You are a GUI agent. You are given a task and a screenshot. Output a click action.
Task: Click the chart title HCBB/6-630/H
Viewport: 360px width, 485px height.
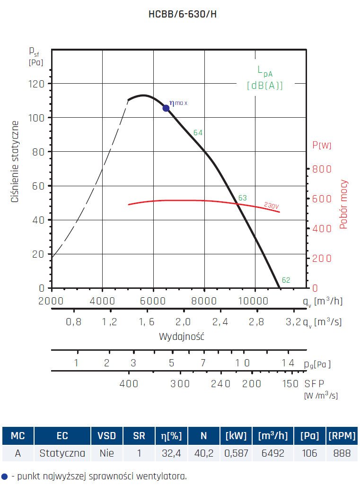pyautogui.click(x=183, y=14)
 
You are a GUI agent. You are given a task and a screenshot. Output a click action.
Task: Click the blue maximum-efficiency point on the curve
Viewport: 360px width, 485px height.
pyautogui.click(x=166, y=108)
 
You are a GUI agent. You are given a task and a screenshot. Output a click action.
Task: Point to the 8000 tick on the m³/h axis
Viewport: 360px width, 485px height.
pyautogui.click(x=204, y=301)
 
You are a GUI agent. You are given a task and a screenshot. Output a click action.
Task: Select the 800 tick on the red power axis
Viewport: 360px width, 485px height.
pyautogui.click(x=322, y=169)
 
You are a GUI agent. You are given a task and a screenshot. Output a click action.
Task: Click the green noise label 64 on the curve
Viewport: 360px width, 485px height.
pyautogui.click(x=198, y=133)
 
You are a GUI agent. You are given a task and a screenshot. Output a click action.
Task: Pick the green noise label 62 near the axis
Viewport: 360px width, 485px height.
pyautogui.click(x=286, y=280)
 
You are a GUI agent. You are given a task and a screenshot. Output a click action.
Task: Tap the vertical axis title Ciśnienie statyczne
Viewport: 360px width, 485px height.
pyautogui.click(x=16, y=162)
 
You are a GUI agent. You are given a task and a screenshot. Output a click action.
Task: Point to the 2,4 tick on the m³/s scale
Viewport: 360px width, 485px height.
pyautogui.click(x=220, y=322)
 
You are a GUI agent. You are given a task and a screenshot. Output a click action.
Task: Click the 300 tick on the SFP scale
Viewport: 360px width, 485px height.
pyautogui.click(x=180, y=383)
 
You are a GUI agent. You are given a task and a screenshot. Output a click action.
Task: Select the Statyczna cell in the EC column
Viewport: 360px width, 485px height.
pyautogui.click(x=62, y=453)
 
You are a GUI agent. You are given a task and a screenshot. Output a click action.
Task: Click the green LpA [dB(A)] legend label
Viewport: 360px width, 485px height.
pyautogui.click(x=264, y=78)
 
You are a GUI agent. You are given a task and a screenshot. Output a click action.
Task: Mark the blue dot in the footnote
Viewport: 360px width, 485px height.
pyautogui.click(x=5, y=476)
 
